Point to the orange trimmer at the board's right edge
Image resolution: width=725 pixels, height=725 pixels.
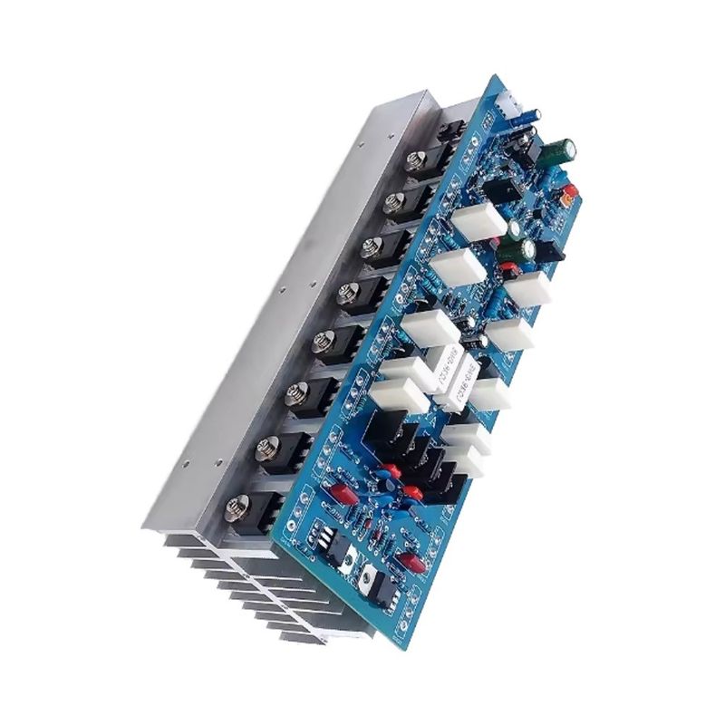[569, 192]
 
